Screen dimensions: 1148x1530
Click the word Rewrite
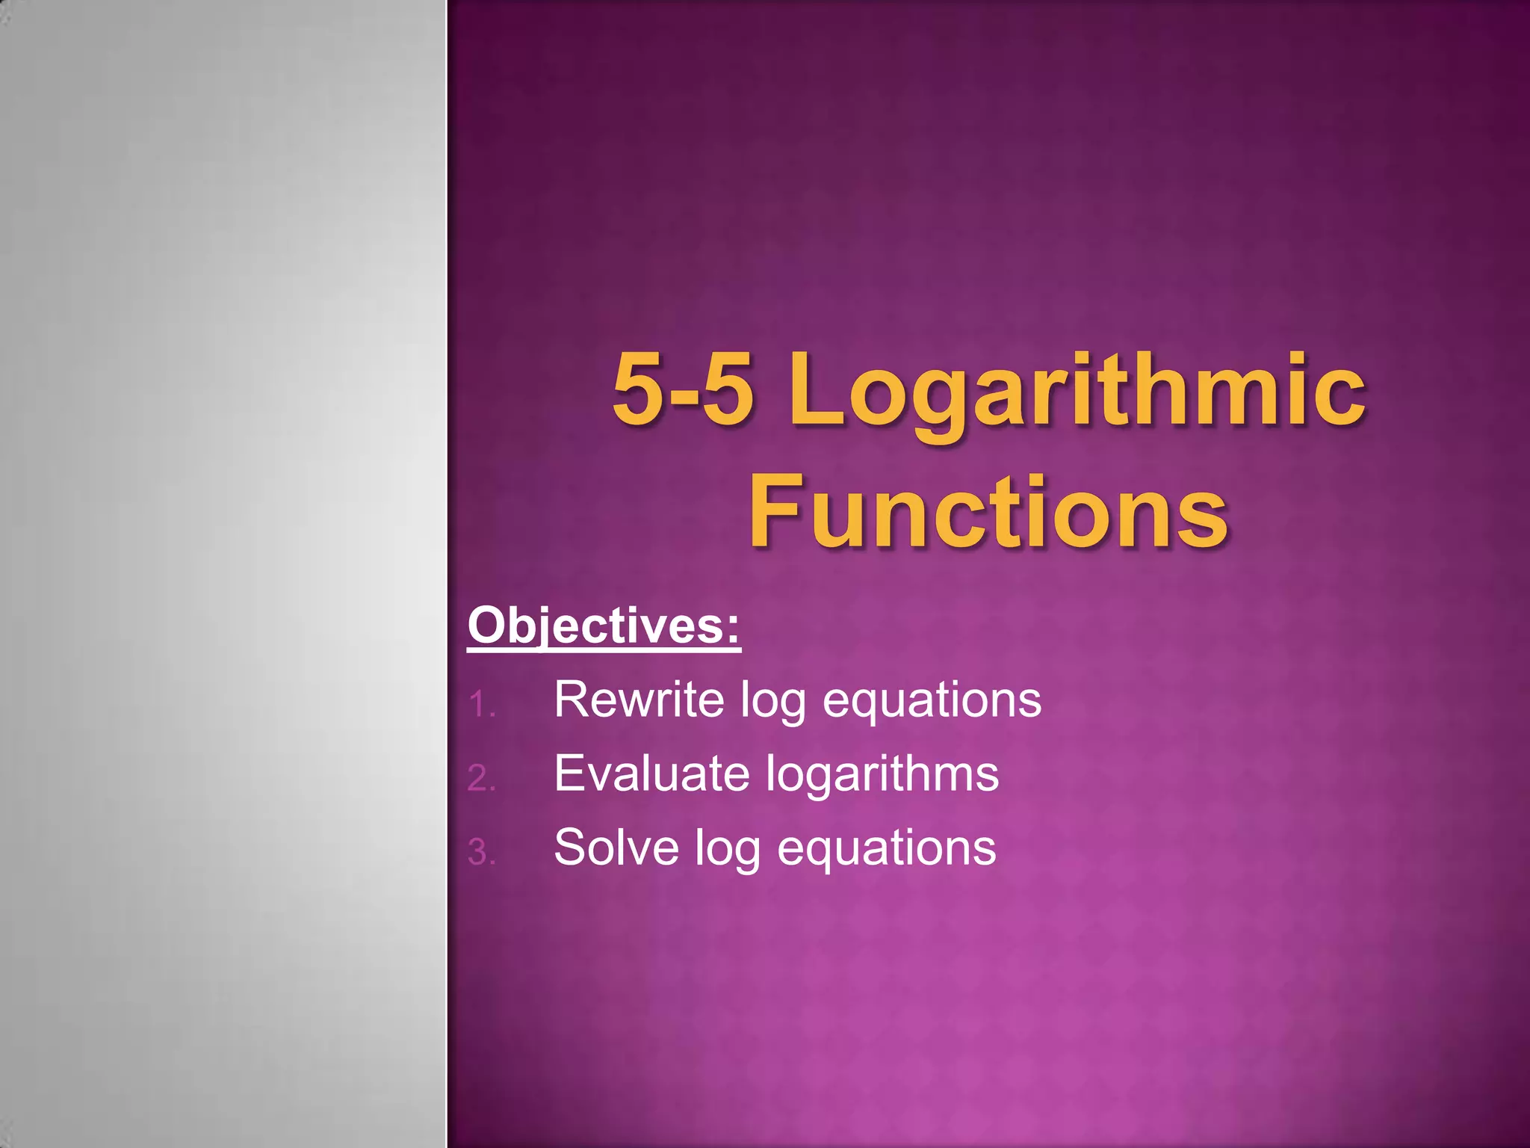(x=639, y=700)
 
